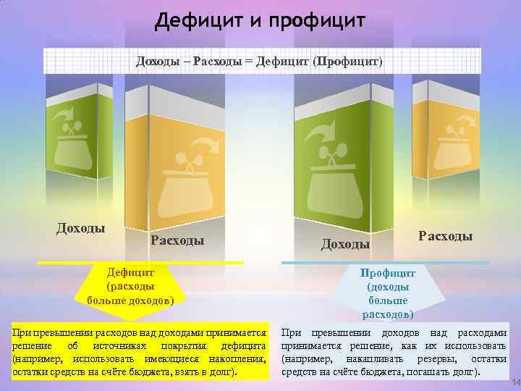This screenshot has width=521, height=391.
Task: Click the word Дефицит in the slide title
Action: pyautogui.click(x=195, y=17)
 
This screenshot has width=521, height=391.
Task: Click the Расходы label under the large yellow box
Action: pyautogui.click(x=177, y=240)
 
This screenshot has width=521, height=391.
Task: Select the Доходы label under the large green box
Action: pyautogui.click(x=345, y=245)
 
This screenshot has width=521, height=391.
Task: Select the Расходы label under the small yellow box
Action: pyautogui.click(x=445, y=236)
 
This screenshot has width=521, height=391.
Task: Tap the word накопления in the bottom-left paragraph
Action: pyautogui.click(x=237, y=359)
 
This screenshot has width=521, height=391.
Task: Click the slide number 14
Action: pyautogui.click(x=515, y=382)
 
